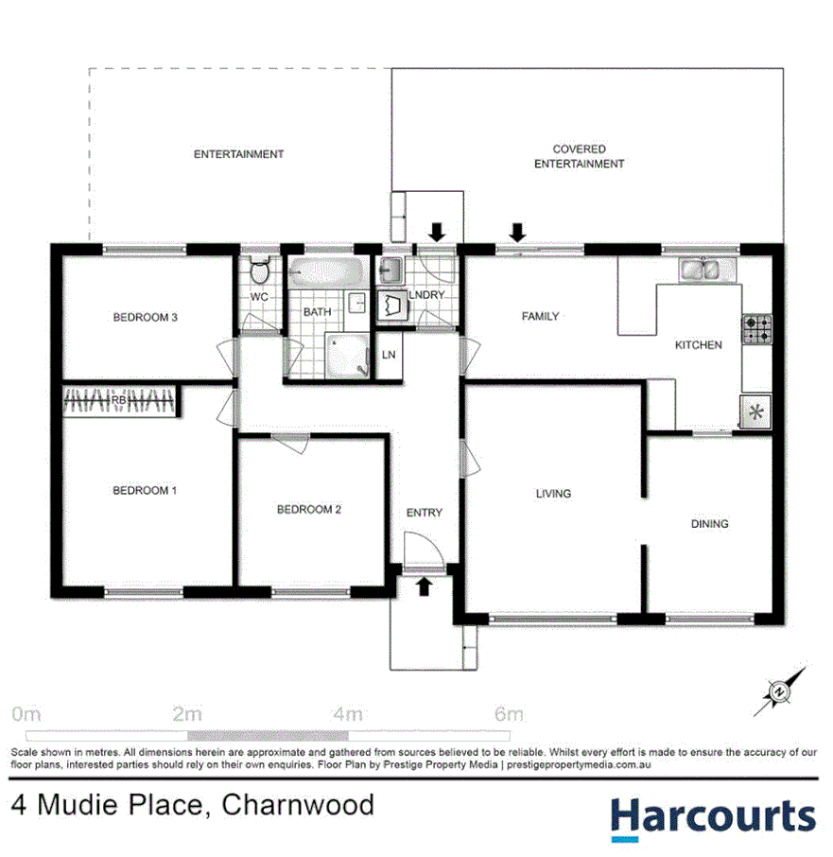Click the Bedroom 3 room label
(146, 317)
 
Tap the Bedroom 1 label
(145, 490)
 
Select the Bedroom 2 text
(308, 509)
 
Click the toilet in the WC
(258, 271)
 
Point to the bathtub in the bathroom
(325, 273)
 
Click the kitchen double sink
(701, 270)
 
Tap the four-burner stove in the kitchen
(756, 329)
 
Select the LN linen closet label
(389, 355)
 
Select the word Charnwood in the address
(298, 805)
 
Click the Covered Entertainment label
(579, 156)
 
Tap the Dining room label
(709, 523)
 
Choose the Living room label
(553, 493)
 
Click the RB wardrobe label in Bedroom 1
(119, 401)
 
